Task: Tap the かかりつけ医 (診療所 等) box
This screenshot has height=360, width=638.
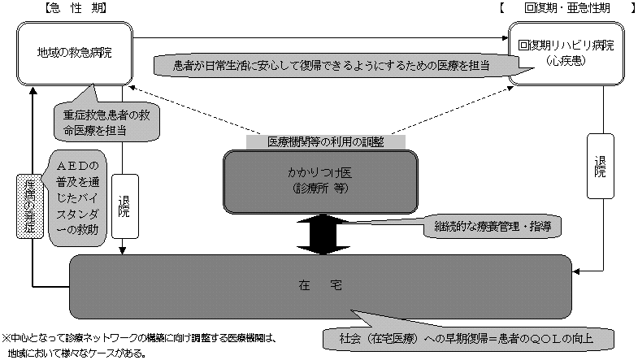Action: [x=320, y=181]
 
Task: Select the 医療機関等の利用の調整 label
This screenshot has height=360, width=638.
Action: [x=325, y=141]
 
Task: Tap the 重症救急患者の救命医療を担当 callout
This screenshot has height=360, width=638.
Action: [x=106, y=122]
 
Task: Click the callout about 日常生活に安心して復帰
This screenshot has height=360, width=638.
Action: [x=325, y=63]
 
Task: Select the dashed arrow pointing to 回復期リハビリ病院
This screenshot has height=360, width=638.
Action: [x=455, y=107]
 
